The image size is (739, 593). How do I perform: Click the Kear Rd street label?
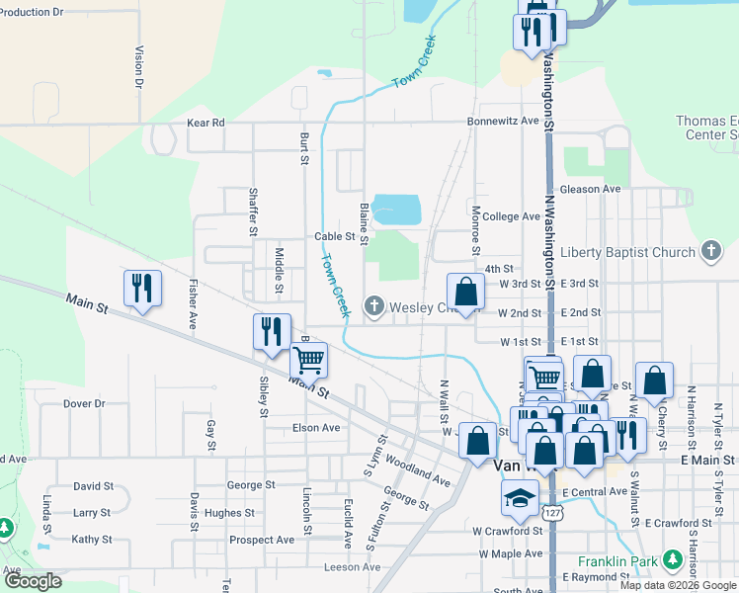(x=205, y=124)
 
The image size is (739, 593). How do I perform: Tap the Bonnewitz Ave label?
(x=504, y=122)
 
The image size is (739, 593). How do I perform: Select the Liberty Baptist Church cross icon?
(x=711, y=252)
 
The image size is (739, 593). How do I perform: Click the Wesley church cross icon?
(x=374, y=307)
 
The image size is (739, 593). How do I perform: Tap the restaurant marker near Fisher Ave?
(x=142, y=289)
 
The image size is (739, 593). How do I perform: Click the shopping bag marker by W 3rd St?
(x=466, y=292)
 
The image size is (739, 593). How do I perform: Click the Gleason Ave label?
(x=590, y=189)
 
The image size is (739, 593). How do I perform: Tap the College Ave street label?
(x=512, y=216)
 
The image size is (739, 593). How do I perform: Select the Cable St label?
(x=334, y=237)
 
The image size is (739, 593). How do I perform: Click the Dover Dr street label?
(x=84, y=403)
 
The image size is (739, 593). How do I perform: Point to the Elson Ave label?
(x=315, y=428)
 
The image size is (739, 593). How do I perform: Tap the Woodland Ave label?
(x=421, y=470)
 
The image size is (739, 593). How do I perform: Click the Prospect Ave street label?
(x=262, y=541)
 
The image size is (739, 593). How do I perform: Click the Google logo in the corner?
(x=33, y=581)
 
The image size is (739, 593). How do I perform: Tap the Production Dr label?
(x=33, y=12)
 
